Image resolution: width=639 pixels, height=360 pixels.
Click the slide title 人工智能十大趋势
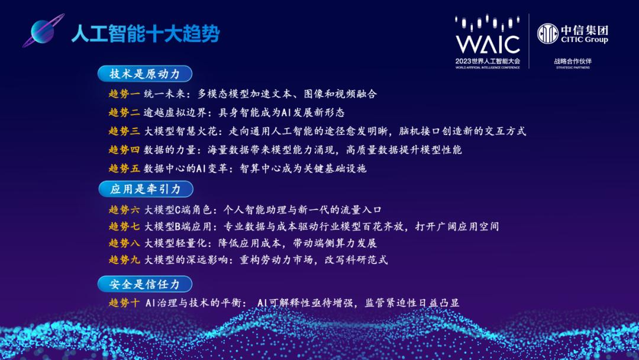pyautogui.click(x=145, y=34)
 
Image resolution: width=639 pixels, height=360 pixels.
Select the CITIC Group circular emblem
pyautogui.click(x=547, y=33)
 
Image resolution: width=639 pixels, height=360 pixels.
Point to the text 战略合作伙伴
pyautogui.click(x=573, y=61)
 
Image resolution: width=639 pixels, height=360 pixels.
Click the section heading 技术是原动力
pyautogui.click(x=145, y=74)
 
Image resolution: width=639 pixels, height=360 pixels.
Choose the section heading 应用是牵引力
pyautogui.click(x=145, y=189)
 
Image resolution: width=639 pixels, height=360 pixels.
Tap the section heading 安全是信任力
pyautogui.click(x=145, y=284)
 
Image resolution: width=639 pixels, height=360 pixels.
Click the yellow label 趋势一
pyautogui.click(x=124, y=94)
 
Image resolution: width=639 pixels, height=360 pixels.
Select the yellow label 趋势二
pyautogui.click(x=124, y=112)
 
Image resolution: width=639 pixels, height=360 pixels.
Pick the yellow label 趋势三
pyautogui.click(x=124, y=131)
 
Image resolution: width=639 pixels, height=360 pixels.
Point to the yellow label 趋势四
pyautogui.click(x=124, y=150)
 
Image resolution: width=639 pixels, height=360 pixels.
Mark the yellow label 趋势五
pyautogui.click(x=124, y=168)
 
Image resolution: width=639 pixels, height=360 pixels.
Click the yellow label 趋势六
pyautogui.click(x=124, y=210)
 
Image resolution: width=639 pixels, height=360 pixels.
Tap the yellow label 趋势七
pyautogui.click(x=124, y=226)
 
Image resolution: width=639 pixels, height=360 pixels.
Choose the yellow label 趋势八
pyautogui.click(x=124, y=243)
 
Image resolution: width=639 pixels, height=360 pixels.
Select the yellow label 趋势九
pyautogui.click(x=124, y=259)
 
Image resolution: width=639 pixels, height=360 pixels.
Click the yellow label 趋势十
pyautogui.click(x=124, y=303)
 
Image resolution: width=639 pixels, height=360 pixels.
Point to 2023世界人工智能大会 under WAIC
pyautogui.click(x=488, y=61)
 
